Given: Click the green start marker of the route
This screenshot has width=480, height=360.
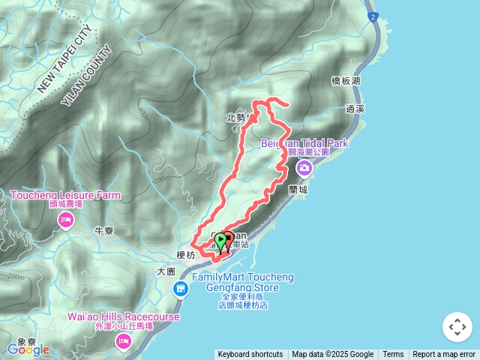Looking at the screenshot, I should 220,240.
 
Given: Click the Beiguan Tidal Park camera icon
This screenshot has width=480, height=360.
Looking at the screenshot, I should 304,166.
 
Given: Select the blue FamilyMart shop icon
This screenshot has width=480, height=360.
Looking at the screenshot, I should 181,289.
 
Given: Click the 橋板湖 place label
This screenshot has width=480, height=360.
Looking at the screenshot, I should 345,80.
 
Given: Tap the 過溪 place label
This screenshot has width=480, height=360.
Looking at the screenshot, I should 355,109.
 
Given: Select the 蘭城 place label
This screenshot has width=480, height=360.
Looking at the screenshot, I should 298,190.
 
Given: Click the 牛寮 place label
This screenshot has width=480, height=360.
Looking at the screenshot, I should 103,231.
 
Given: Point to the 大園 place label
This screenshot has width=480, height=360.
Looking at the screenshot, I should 166,271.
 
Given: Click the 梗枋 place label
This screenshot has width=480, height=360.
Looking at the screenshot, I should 185,255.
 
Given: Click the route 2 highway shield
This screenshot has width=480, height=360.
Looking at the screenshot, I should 372,16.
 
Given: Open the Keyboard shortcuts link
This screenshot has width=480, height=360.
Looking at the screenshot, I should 250,355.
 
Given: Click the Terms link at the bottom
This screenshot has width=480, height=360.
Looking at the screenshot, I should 393,355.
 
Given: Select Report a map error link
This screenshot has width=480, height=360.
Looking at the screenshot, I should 444,355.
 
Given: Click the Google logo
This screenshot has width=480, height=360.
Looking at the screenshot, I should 28,349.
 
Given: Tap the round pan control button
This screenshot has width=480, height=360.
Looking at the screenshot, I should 457,327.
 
